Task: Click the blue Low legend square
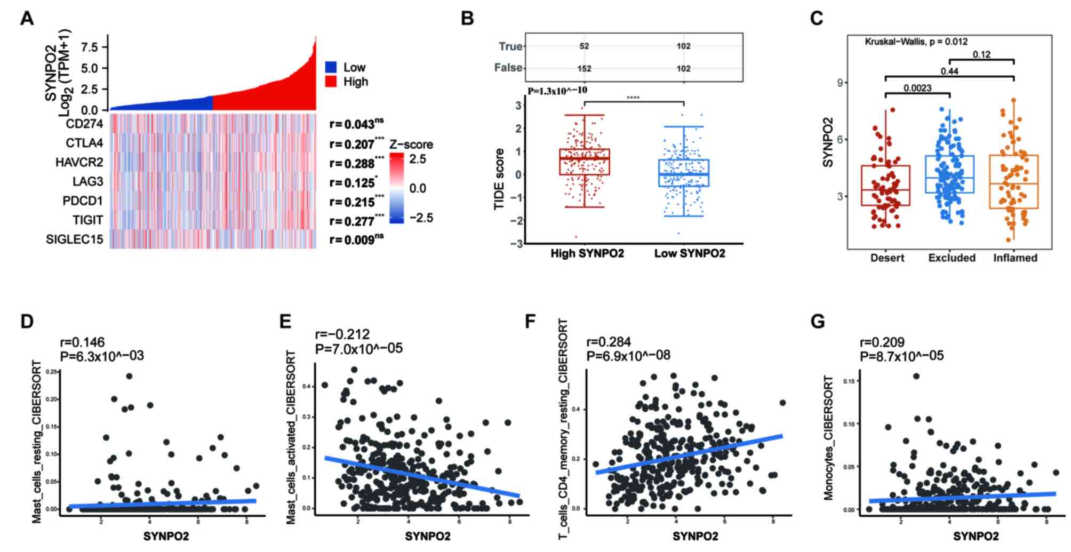coord(331,67)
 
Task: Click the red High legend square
coord(331,82)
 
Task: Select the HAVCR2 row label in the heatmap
coord(79,163)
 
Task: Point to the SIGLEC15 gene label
coord(75,239)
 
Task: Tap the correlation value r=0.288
coord(352,163)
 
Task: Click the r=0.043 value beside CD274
coord(352,124)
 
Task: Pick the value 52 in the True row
coord(584,46)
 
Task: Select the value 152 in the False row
coord(584,68)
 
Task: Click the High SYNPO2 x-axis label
coord(587,254)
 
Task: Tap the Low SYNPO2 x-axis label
coord(690,254)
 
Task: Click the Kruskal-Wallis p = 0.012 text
coord(916,42)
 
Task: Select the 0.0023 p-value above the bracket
coord(917,88)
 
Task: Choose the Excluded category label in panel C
coord(952,258)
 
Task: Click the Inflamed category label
coord(1015,258)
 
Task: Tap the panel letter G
coord(817,322)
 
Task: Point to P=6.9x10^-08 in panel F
coord(628,355)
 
